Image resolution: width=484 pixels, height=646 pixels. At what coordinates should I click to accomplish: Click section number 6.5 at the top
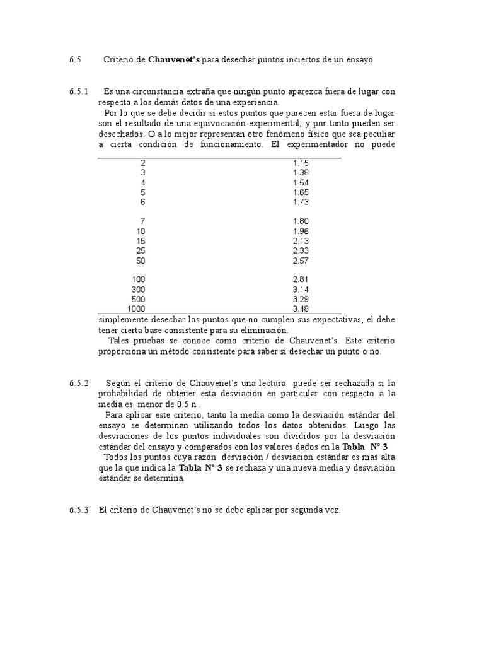pyautogui.click(x=76, y=61)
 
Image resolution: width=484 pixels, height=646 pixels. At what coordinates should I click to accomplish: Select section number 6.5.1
pyautogui.click(x=79, y=92)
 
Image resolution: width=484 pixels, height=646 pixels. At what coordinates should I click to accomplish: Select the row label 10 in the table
pyautogui.click(x=141, y=231)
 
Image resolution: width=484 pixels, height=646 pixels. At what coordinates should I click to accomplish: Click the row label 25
pyautogui.click(x=141, y=250)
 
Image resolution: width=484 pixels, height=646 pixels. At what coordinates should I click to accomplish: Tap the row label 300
pyautogui.click(x=138, y=290)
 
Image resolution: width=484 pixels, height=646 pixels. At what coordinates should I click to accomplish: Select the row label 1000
pyautogui.click(x=136, y=309)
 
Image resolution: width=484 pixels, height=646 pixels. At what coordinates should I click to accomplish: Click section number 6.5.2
pyautogui.click(x=79, y=384)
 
